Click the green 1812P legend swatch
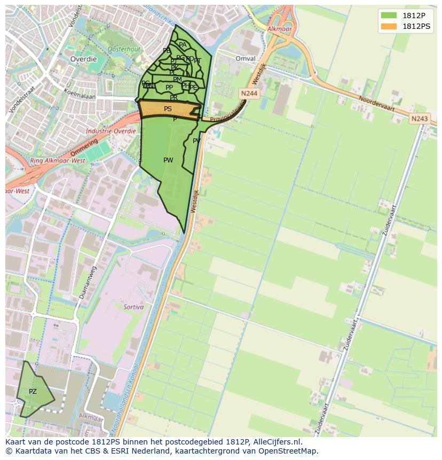click(x=389, y=15)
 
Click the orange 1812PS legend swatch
click(x=389, y=26)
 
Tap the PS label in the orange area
click(x=168, y=109)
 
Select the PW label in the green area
click(x=168, y=160)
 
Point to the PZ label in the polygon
click(x=33, y=392)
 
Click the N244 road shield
click(x=249, y=93)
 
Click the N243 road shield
click(x=420, y=119)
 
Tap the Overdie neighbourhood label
click(x=84, y=59)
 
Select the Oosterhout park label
click(x=124, y=49)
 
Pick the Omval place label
click(x=246, y=58)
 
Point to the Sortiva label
click(x=133, y=307)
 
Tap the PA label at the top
click(x=183, y=45)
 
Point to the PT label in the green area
click(x=198, y=61)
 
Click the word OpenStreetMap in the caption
click(x=288, y=451)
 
